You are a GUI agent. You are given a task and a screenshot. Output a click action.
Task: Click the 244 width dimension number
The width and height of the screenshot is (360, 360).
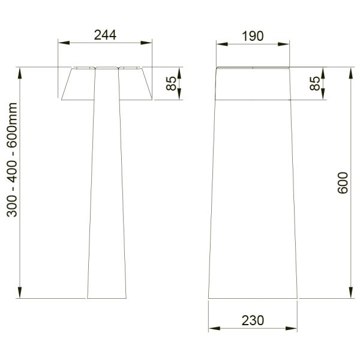[x=105, y=35]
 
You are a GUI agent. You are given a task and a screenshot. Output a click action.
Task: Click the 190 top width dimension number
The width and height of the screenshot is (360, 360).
[x=253, y=36]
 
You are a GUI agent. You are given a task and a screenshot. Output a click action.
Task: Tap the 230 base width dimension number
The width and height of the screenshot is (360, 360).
[x=253, y=320]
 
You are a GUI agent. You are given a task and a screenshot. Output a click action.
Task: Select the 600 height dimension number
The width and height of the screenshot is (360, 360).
[x=343, y=183]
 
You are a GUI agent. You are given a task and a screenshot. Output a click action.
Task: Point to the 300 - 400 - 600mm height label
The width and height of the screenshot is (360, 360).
[x=12, y=160]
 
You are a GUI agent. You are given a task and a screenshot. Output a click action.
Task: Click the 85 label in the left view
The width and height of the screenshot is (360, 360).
[x=171, y=83]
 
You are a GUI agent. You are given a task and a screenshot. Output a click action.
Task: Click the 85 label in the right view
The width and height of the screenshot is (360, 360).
[x=315, y=83]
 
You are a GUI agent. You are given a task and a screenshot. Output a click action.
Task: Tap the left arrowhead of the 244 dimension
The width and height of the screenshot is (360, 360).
[x=64, y=43]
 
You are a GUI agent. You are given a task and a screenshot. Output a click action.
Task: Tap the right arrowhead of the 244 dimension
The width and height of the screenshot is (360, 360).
[x=146, y=43]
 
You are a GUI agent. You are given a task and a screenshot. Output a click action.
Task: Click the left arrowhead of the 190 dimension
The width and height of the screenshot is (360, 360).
[x=222, y=44]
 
